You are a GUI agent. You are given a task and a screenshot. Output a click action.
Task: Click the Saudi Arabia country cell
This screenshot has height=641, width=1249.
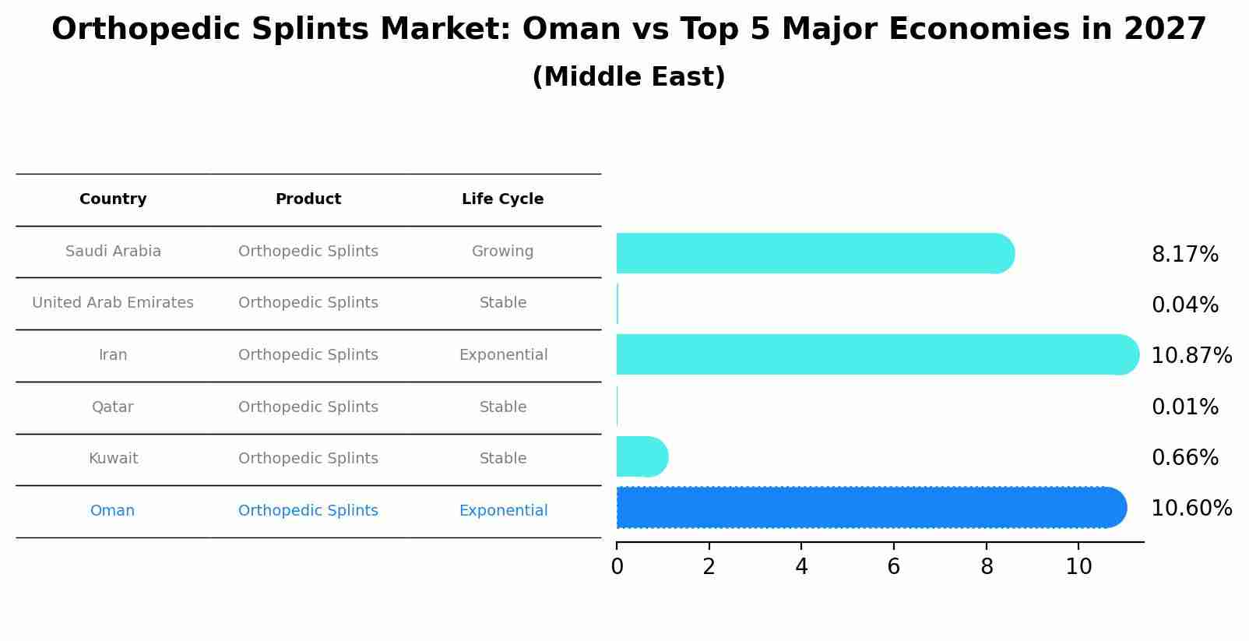pos(113,252)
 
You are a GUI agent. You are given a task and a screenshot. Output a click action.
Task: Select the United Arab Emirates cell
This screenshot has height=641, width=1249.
pos(113,303)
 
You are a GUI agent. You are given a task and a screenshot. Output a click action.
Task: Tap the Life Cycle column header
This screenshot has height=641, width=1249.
pos(502,199)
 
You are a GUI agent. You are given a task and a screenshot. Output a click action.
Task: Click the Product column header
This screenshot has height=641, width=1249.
pos(308,199)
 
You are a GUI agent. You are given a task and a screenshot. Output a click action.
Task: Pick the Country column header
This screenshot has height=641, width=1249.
pos(113,199)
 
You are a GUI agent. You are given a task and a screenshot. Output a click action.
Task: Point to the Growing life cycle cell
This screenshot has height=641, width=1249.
pos(502,252)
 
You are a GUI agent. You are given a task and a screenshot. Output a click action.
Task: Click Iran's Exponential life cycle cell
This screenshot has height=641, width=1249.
pos(503,355)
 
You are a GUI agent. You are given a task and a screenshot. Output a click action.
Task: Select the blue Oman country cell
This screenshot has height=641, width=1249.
pos(112,511)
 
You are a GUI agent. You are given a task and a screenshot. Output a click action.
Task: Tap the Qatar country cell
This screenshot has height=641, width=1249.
pos(112,407)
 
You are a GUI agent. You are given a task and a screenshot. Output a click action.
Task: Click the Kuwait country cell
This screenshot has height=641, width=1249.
pos(113,459)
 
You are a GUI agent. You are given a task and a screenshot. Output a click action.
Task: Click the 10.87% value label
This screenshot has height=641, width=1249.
pos(1191,356)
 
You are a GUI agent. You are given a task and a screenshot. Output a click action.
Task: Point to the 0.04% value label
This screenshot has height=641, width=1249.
pos(1184,305)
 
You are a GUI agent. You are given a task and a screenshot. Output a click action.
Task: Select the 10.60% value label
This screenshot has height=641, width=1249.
pos(1191,509)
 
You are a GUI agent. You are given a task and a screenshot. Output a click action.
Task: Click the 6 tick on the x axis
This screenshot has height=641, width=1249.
pos(894,567)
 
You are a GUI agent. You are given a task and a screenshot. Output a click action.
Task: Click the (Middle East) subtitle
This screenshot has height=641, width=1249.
pos(628,77)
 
